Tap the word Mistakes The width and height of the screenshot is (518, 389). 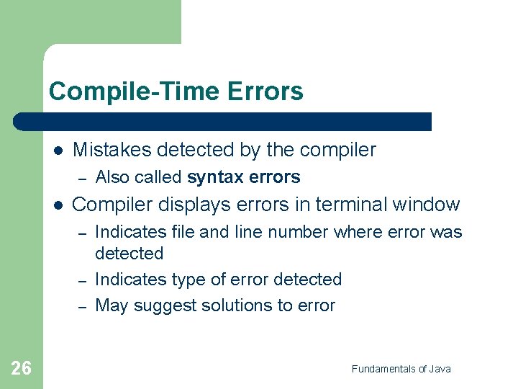112,150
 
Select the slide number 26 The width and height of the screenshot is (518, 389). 22,369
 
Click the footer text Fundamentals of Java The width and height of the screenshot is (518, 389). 401,369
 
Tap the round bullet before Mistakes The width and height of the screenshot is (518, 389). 58,151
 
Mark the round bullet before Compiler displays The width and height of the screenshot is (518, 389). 58,205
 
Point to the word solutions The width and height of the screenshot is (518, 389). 227,305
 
